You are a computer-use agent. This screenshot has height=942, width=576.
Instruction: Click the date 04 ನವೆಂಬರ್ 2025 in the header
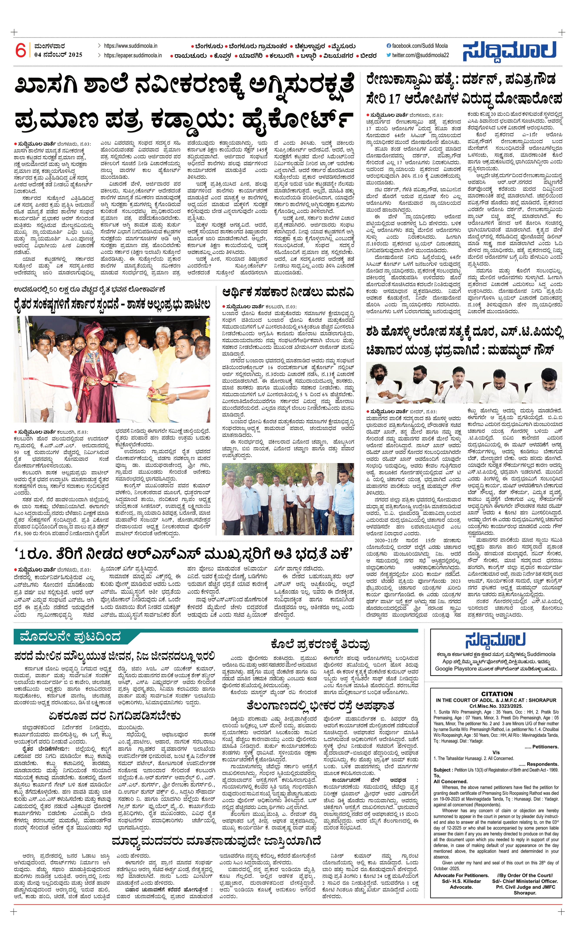pos(58,55)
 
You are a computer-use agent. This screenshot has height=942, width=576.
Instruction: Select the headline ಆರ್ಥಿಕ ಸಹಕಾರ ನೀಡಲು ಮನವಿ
pos(288,293)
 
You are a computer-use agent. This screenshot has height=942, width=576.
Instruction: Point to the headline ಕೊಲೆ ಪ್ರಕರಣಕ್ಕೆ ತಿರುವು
pos(320,645)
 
